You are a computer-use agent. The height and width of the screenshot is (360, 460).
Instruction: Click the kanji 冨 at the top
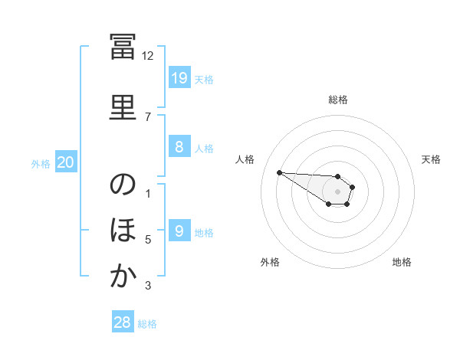[x=123, y=46]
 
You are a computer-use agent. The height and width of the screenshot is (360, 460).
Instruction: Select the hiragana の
[x=123, y=184]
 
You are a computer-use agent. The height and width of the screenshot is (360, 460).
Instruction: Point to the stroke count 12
[x=147, y=56]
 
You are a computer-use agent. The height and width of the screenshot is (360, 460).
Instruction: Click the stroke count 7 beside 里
[x=148, y=117]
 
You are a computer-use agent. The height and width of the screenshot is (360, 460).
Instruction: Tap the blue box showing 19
[x=179, y=77]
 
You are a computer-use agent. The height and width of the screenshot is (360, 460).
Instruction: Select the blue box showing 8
[x=179, y=146]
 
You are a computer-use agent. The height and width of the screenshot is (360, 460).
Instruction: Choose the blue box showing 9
[x=179, y=230]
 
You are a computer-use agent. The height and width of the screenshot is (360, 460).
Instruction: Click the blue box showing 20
[x=66, y=162]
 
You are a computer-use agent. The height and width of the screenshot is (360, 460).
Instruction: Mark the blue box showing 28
[x=123, y=321]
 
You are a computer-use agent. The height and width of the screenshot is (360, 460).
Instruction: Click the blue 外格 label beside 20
[x=41, y=164]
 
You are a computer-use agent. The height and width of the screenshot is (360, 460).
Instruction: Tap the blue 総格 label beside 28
[x=147, y=324]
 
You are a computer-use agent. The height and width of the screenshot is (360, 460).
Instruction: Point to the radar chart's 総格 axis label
[x=338, y=100]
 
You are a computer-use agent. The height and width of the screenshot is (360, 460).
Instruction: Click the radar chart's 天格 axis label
[x=431, y=159]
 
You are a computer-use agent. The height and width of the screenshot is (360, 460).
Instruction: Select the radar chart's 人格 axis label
[x=245, y=159]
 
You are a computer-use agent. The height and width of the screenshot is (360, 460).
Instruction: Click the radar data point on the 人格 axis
[x=280, y=172]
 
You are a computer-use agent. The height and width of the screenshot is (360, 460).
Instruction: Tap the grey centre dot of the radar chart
[x=337, y=191]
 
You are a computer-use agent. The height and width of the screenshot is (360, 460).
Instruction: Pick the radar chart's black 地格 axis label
[x=402, y=262]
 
